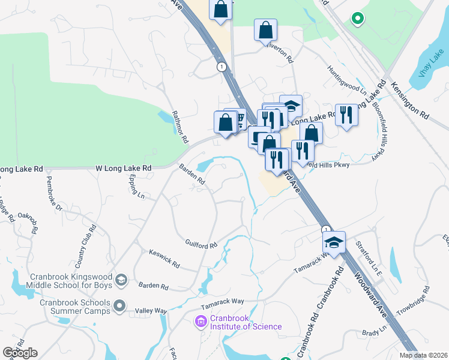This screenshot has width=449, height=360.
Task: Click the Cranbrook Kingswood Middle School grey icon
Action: tap(121, 280)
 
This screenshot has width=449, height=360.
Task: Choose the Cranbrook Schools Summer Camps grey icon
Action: tap(121, 306)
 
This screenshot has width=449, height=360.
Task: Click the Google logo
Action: tap(20, 352)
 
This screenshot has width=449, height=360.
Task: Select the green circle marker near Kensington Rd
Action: tap(357, 19)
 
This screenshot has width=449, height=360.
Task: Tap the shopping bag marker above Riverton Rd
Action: tap(265, 30)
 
